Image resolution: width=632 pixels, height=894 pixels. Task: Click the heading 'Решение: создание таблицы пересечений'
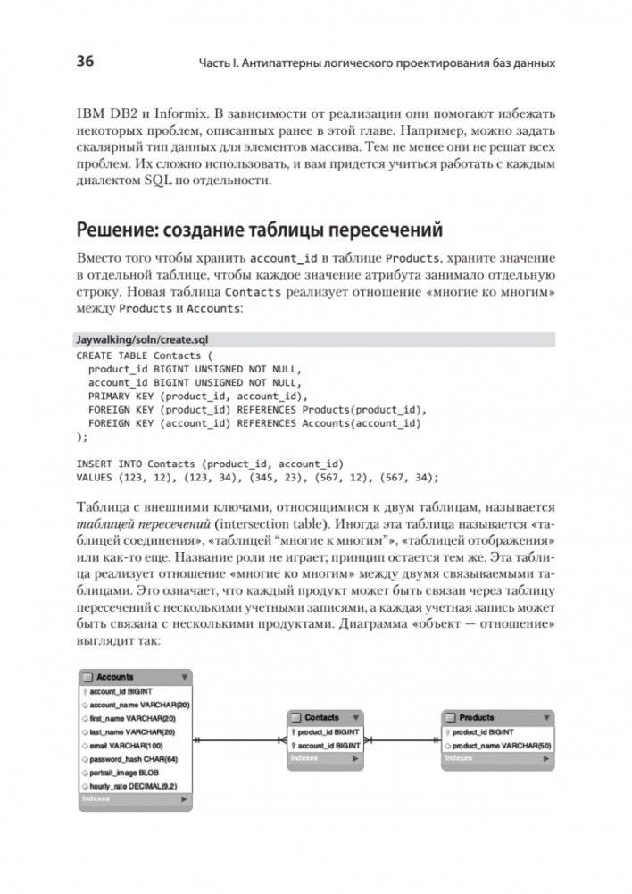[x=259, y=230]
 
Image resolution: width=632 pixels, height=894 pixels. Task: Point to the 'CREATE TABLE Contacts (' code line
[x=139, y=355]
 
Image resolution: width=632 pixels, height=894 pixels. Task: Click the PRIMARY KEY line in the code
[x=197, y=396]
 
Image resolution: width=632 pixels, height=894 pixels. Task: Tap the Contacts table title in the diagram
[x=321, y=716]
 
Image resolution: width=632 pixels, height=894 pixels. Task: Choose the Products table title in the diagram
[x=477, y=716]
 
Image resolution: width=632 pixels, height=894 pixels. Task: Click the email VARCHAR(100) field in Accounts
[x=126, y=745]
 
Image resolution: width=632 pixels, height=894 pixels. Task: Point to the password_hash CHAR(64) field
[x=134, y=758]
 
